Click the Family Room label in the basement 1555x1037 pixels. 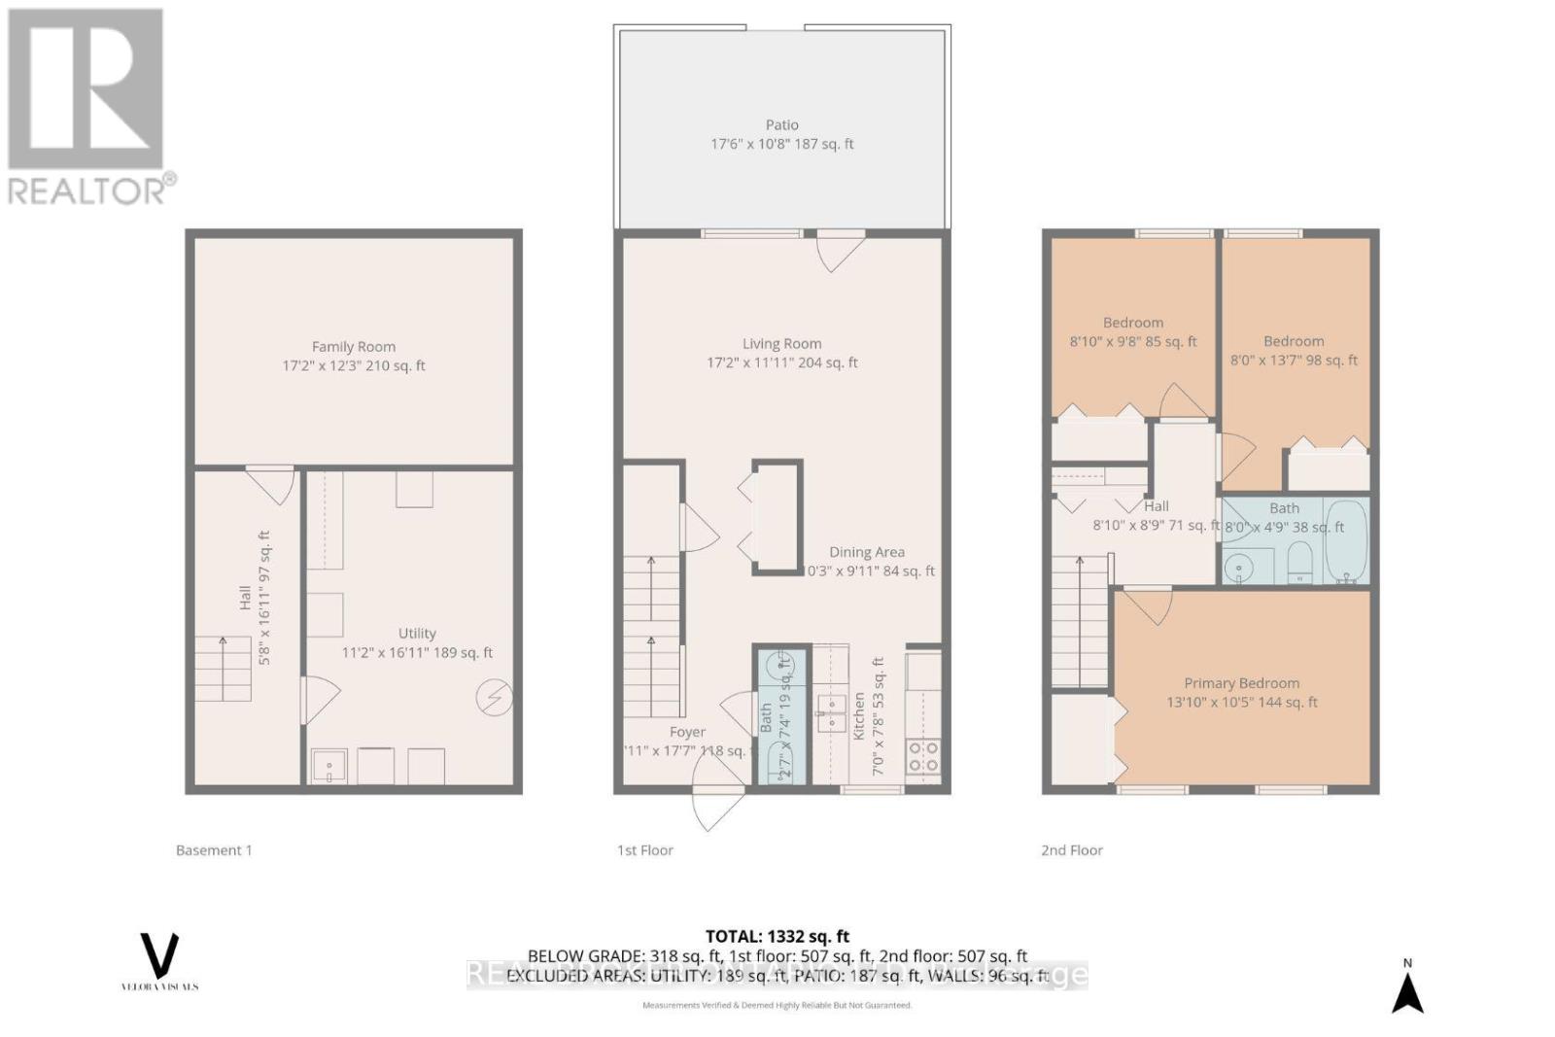(x=354, y=347)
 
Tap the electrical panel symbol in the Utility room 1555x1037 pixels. (x=494, y=698)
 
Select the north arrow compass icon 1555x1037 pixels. (x=1407, y=991)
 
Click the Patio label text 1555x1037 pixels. (x=781, y=125)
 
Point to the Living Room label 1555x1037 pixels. (x=781, y=344)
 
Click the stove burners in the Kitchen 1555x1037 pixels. (x=923, y=756)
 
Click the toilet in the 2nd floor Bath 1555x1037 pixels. (x=1299, y=563)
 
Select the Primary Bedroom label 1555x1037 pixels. (x=1241, y=683)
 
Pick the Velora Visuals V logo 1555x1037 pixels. (x=159, y=956)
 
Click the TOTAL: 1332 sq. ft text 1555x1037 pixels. (x=777, y=936)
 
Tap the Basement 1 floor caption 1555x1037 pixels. (x=214, y=850)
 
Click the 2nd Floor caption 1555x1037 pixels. (x=1071, y=850)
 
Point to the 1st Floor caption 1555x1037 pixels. (x=644, y=850)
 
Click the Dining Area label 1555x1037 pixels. (x=866, y=552)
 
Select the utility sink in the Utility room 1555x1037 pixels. (x=328, y=767)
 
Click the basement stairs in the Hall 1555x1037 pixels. (x=224, y=669)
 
